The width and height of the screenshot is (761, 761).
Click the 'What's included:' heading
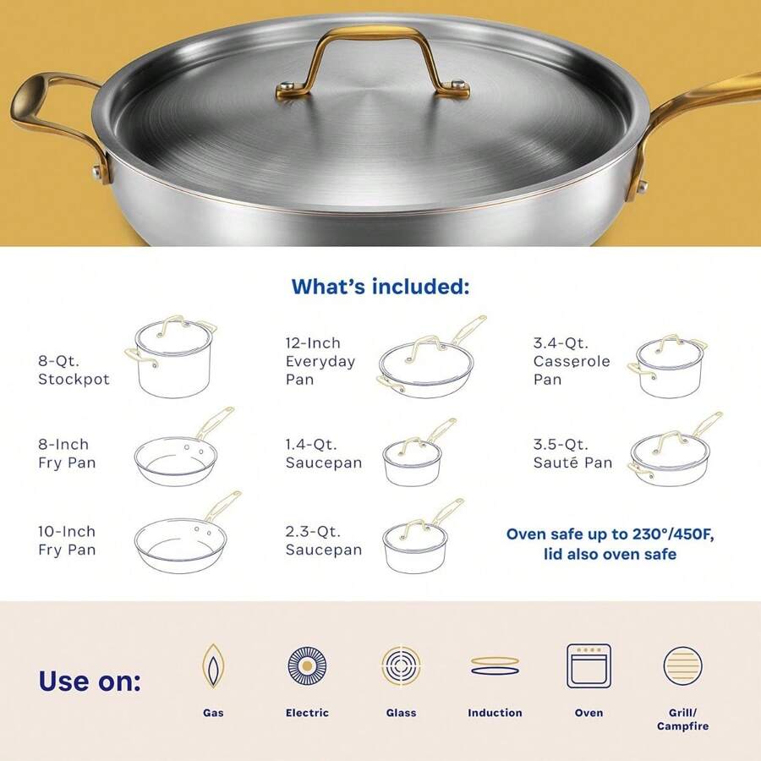(x=380, y=286)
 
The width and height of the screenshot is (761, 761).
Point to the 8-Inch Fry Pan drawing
(x=182, y=453)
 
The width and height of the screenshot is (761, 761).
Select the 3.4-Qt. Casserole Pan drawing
(x=668, y=367)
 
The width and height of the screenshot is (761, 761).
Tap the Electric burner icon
(x=307, y=665)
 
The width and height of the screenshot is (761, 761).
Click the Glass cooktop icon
(x=402, y=665)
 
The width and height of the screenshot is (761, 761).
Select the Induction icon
(x=495, y=665)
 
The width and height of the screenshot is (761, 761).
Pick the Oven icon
(x=589, y=665)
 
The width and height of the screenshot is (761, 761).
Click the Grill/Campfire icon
(x=683, y=665)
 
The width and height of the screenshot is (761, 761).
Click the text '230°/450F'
(x=651, y=534)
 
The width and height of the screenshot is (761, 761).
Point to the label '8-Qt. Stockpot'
(x=74, y=370)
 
